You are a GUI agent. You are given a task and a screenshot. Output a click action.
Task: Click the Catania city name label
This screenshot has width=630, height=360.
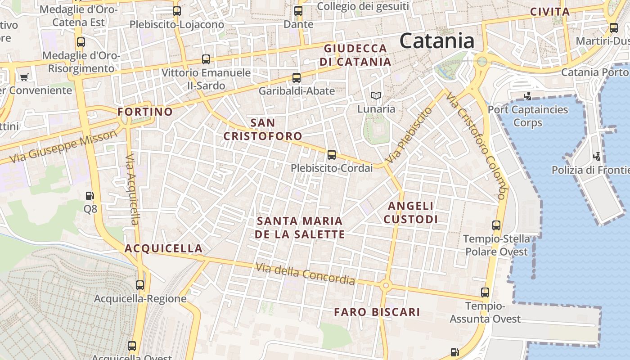[436, 41]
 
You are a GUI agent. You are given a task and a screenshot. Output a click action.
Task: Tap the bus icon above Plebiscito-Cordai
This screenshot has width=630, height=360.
[332, 155]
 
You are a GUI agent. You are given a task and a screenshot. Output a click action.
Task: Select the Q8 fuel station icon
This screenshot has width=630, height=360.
[90, 196]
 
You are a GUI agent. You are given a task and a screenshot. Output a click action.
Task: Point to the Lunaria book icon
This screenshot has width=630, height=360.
[376, 95]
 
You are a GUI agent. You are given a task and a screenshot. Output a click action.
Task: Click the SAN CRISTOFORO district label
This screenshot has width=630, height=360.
[263, 129]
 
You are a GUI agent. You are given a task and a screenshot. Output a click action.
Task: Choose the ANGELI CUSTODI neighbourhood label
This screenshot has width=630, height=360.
[411, 212]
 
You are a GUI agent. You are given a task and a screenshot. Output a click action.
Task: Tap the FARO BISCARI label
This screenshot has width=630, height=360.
[377, 312]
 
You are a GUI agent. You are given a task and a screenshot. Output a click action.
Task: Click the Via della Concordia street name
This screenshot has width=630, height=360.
[305, 274]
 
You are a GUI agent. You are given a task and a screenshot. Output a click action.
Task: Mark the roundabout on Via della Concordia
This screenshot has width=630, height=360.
[385, 285]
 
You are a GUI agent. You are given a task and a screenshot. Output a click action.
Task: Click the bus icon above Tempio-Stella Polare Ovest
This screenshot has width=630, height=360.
[496, 225]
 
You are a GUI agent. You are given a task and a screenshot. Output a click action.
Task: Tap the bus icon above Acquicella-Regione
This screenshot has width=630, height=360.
[140, 285]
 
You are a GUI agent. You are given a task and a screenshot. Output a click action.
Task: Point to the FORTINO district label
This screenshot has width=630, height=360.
[145, 112]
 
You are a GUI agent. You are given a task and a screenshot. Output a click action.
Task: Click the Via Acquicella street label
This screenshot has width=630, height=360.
[132, 189]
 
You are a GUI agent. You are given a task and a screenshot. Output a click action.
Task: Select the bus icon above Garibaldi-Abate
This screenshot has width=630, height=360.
[297, 77]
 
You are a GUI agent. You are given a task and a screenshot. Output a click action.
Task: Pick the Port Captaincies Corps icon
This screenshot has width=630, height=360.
[528, 96]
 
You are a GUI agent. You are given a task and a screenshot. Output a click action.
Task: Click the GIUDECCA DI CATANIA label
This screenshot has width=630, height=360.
[355, 55]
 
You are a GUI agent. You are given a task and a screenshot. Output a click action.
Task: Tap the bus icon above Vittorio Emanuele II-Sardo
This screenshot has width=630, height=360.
[206, 59]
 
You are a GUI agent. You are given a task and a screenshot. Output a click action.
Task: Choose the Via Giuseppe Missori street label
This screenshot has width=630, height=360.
[63, 147]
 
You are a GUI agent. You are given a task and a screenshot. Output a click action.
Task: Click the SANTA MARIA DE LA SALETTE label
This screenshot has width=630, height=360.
[300, 228]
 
